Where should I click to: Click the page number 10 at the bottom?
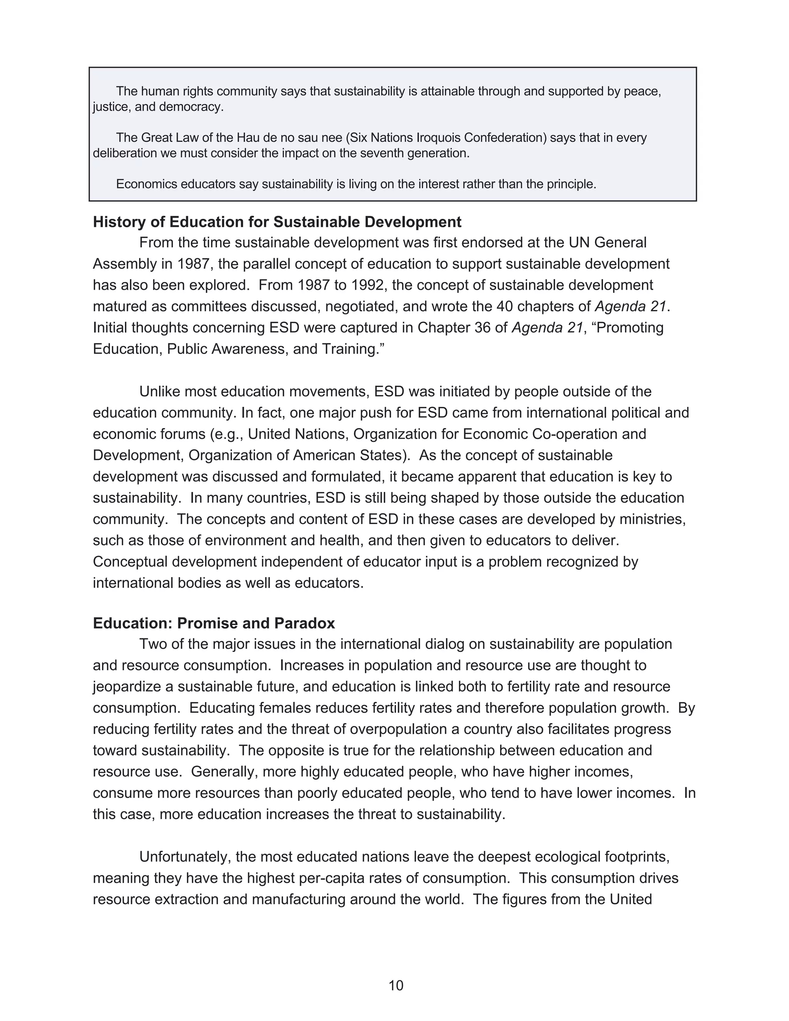point(395,985)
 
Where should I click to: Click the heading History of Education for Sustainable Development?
point(277,222)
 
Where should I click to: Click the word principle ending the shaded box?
point(572,184)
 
